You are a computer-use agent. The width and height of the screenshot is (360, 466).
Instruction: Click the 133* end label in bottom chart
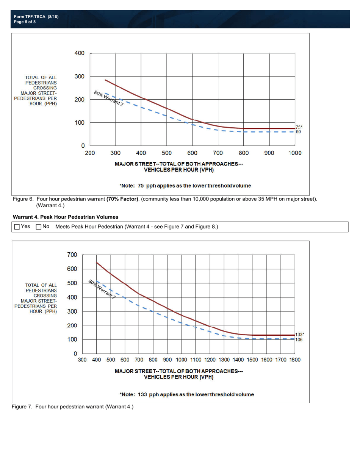pyautogui.click(x=300, y=335)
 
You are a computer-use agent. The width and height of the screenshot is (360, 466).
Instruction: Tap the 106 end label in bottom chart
pyautogui.click(x=299, y=339)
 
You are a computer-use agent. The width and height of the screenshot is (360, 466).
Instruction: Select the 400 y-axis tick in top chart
pyautogui.click(x=79, y=53)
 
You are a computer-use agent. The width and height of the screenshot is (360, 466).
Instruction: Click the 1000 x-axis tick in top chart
pyautogui.click(x=295, y=153)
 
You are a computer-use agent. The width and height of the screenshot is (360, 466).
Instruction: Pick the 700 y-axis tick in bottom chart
pyautogui.click(x=72, y=255)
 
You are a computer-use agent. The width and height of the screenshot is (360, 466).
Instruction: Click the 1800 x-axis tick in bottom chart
pyautogui.click(x=295, y=359)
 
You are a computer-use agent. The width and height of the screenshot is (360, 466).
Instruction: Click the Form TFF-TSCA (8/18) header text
pyautogui.click(x=36, y=17)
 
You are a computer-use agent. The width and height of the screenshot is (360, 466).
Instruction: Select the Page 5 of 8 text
pyautogui.click(x=25, y=22)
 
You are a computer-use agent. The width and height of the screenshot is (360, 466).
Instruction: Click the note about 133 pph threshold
pyautogui.click(x=186, y=394)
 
